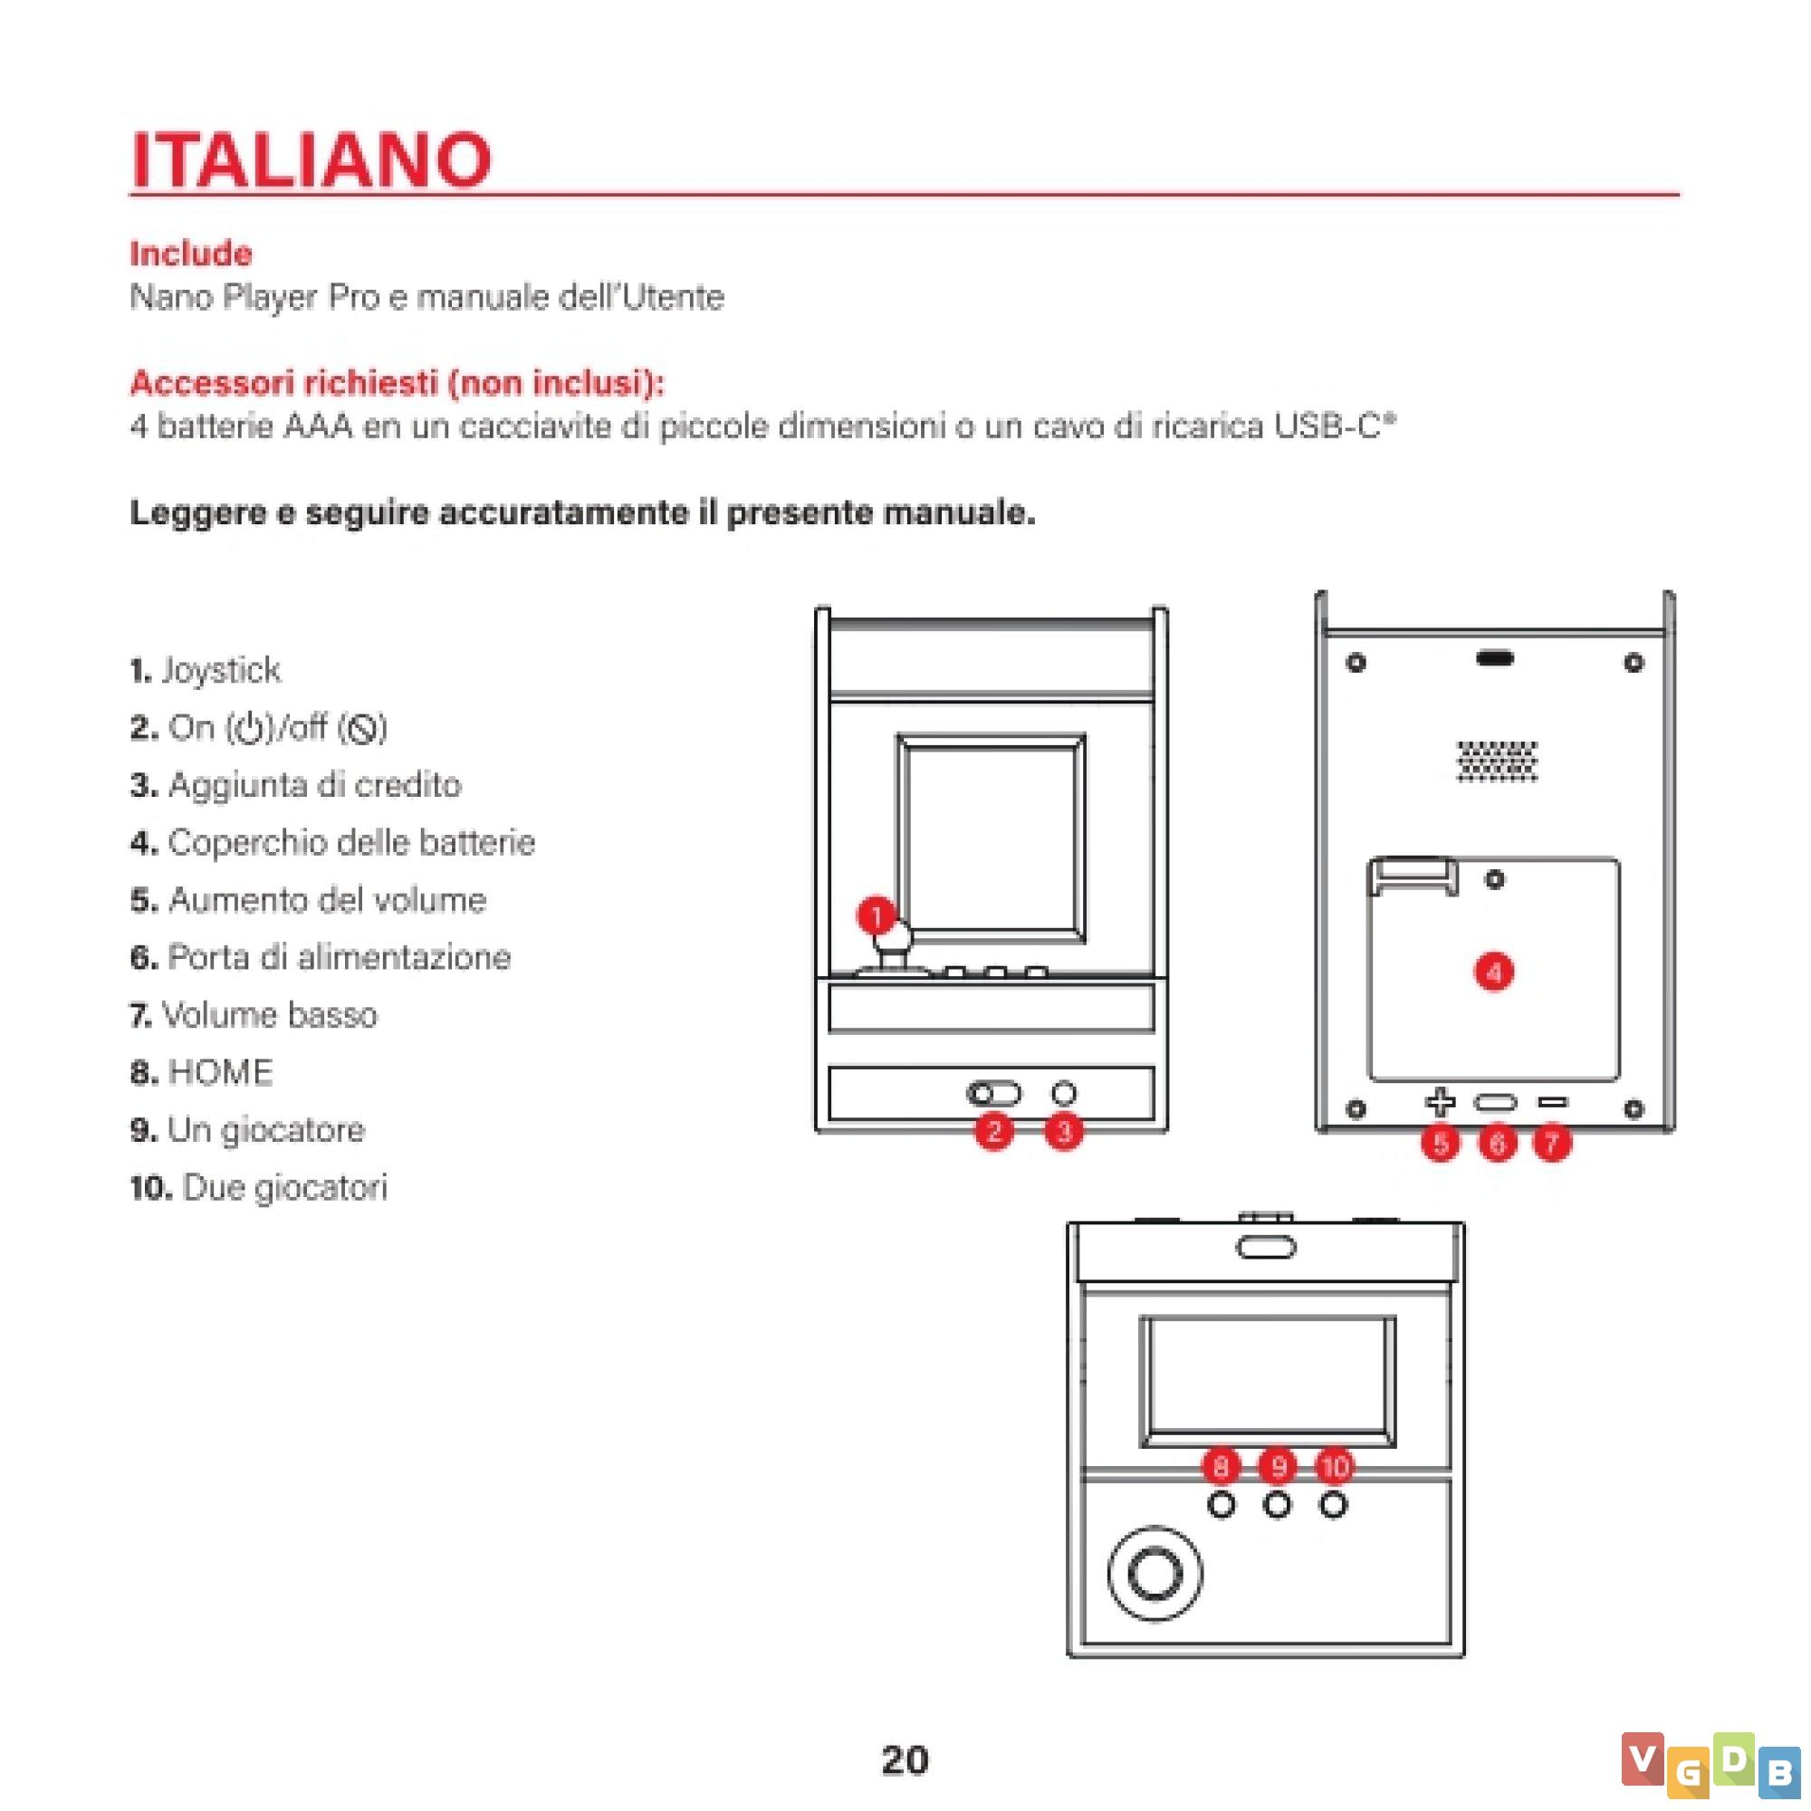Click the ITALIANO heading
[311, 159]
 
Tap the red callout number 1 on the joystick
[877, 915]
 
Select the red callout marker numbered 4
[1494, 971]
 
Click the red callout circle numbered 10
[1335, 1465]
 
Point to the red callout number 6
[1497, 1143]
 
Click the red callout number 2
[993, 1131]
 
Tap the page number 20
[905, 1760]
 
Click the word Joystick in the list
[220, 671]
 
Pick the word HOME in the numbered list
[220, 1072]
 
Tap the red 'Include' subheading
[191, 254]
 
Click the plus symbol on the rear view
[1441, 1103]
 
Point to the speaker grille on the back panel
[1497, 761]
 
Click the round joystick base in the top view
[1155, 1573]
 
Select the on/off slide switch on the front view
[993, 1093]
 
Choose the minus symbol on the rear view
[1553, 1103]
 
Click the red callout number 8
[1222, 1465]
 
